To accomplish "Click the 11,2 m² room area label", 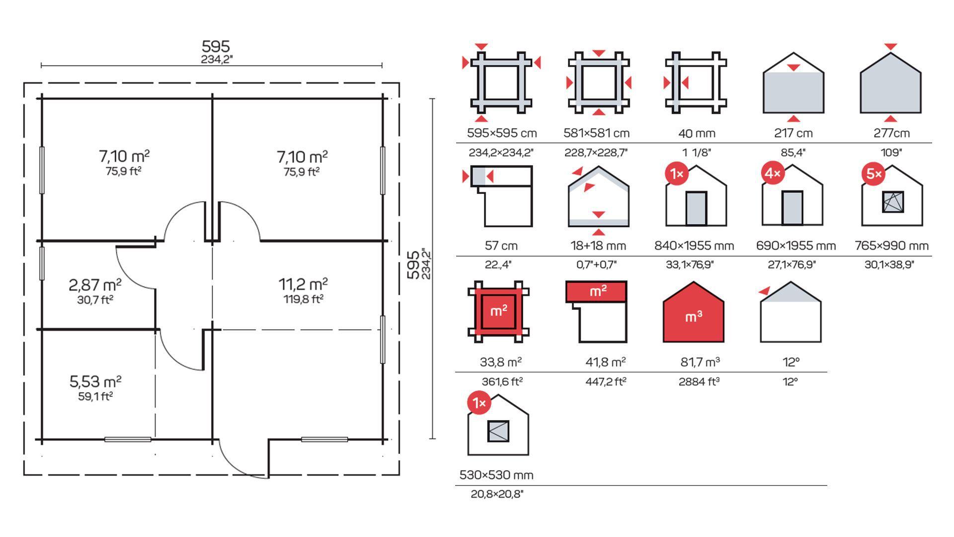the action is (x=303, y=284).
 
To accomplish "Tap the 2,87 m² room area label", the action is (x=95, y=285).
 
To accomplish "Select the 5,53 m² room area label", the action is (x=95, y=381).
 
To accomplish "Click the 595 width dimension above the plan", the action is (x=216, y=46).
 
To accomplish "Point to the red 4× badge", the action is (x=773, y=173).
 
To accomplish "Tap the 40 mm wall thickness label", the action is (x=697, y=133).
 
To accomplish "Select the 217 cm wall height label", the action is (x=793, y=133).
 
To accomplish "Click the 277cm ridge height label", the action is (x=891, y=133).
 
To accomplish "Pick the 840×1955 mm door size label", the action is (x=694, y=246).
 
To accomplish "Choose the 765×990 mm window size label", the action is (x=891, y=246).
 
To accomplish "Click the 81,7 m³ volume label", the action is (x=700, y=362).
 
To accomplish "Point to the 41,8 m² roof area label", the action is (x=605, y=362).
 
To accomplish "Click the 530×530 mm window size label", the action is (x=496, y=475).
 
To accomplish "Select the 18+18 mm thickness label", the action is (x=598, y=246).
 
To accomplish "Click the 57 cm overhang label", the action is (x=501, y=246).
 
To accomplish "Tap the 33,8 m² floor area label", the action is (x=501, y=362).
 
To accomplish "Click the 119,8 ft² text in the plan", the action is (x=304, y=299).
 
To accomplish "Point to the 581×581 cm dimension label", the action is (x=596, y=133).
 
